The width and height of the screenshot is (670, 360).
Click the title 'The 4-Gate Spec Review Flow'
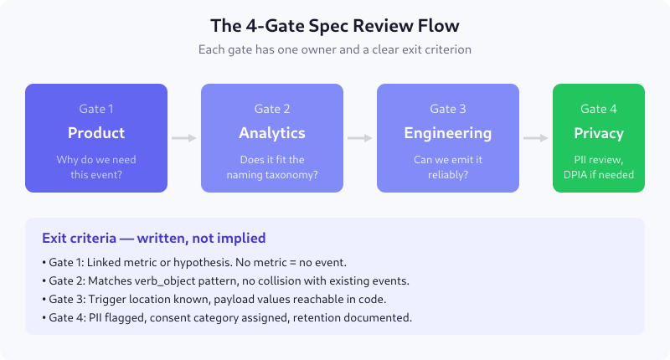click(334, 25)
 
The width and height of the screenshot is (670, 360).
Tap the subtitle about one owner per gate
click(334, 49)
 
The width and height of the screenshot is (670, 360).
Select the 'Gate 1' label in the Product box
click(96, 109)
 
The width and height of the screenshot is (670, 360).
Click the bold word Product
click(96, 133)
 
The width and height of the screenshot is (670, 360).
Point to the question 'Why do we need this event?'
click(96, 168)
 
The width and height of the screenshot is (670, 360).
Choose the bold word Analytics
click(272, 133)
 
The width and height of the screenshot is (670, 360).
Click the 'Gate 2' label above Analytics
click(272, 109)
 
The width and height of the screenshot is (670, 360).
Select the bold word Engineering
click(448, 133)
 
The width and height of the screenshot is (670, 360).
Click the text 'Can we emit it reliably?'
click(448, 168)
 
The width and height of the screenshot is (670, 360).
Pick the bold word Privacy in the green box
click(599, 133)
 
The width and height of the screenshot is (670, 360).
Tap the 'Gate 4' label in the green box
click(599, 109)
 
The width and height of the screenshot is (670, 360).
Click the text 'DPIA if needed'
click(599, 176)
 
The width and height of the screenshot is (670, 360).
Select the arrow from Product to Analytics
click(184, 138)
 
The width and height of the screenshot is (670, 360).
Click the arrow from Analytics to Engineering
click(360, 138)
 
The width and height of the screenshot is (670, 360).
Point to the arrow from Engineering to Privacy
click(536, 138)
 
